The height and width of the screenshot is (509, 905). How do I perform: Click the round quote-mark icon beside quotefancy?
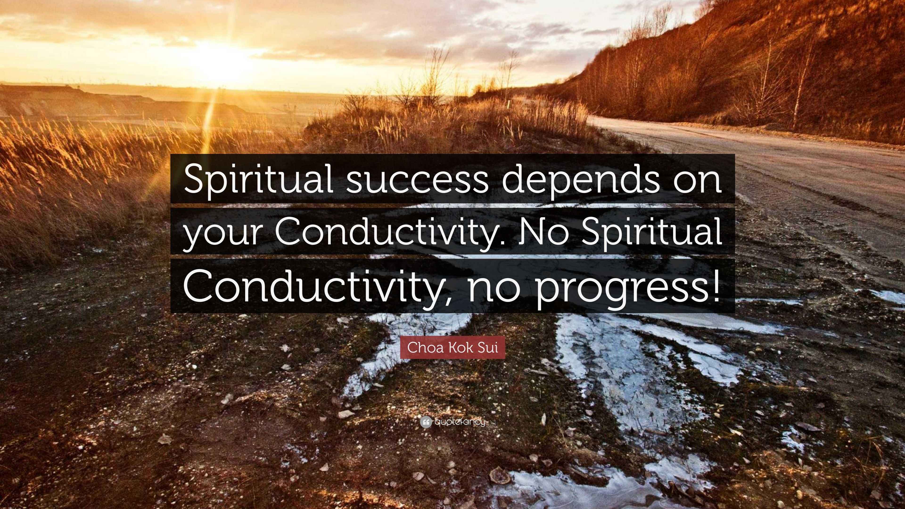425,422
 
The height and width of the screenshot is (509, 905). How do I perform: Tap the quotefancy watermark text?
460,422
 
